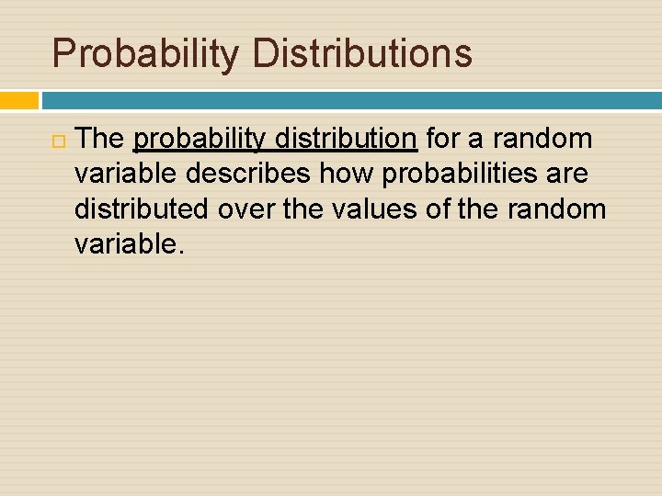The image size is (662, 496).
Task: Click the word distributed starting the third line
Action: click(143, 209)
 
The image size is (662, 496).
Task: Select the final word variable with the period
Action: click(131, 244)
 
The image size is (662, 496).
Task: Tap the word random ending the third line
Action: click(555, 209)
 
